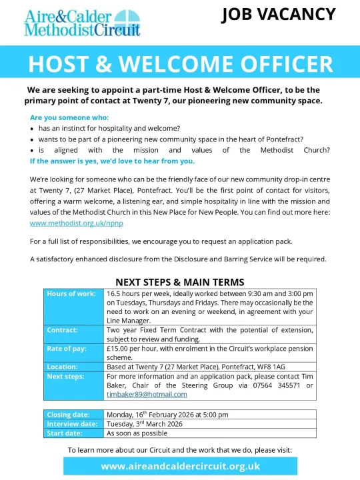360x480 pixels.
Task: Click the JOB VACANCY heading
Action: point(278,14)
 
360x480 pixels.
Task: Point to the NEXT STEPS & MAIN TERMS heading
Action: point(180,282)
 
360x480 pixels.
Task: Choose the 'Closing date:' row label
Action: point(68,414)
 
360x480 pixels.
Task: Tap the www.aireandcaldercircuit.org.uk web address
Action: point(180,466)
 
